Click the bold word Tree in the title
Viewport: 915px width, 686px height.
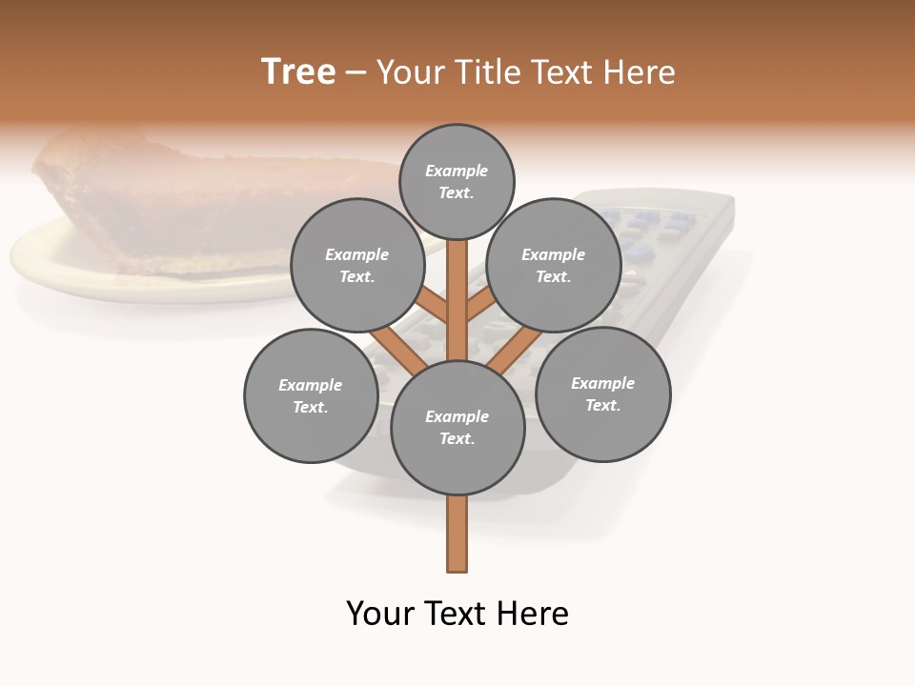pos(298,72)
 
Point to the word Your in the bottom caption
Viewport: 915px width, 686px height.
pos(380,614)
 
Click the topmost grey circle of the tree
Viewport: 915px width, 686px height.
pos(457,181)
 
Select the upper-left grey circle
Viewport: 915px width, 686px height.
pos(356,266)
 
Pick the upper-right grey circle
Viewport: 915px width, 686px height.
pos(554,266)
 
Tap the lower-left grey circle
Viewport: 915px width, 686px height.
pos(311,395)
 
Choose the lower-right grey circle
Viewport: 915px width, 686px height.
pos(602,393)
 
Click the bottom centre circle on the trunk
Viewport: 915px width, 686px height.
pos(457,428)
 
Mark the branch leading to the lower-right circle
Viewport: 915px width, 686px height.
pos(515,348)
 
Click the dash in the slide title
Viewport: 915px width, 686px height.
pos(356,72)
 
